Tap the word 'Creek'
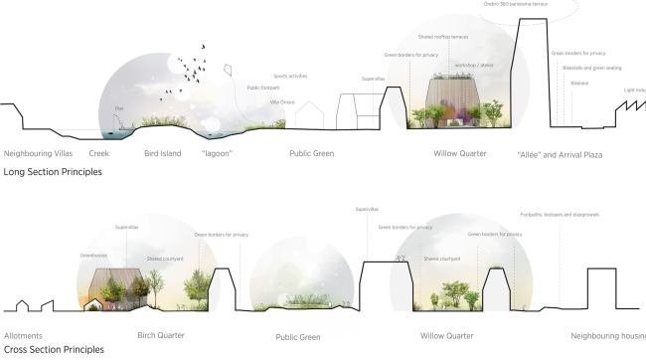click(98, 154)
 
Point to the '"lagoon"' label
click(217, 154)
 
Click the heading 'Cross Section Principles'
click(53, 349)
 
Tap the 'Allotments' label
click(23, 336)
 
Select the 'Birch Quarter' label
click(161, 336)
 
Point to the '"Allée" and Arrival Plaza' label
click(560, 155)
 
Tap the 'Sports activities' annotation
click(290, 76)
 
